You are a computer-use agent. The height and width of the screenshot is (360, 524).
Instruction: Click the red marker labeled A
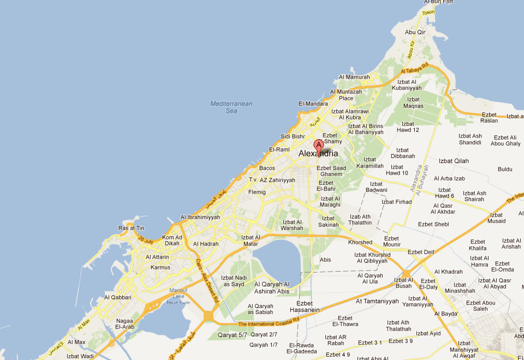(x=319, y=146)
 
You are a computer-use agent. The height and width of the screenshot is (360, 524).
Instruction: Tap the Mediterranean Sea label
(x=231, y=107)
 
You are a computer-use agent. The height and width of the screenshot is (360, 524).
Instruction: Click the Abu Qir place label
(x=414, y=32)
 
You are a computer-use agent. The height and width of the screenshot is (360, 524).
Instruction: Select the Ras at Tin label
(x=131, y=228)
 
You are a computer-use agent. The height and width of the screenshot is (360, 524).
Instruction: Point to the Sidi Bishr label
(x=293, y=136)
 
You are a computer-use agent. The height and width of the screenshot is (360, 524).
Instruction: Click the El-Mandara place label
(x=313, y=104)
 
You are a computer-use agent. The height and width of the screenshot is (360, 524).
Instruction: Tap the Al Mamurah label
(x=354, y=77)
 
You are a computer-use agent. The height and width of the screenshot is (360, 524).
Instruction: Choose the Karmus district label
(x=160, y=267)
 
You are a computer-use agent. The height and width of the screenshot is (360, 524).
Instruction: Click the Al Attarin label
(x=157, y=257)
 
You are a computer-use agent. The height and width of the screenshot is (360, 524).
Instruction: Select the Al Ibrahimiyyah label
(x=200, y=217)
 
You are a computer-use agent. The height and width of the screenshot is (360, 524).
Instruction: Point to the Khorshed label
(x=360, y=242)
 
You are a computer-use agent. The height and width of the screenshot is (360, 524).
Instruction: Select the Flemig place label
(x=257, y=192)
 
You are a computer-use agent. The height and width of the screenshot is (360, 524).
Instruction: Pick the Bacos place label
(x=267, y=168)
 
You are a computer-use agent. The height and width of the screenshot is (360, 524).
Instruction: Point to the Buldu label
(x=505, y=169)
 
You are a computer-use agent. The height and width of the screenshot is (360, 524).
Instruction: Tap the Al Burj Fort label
(x=438, y=2)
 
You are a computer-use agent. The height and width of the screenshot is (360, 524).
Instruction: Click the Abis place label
(x=325, y=260)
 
